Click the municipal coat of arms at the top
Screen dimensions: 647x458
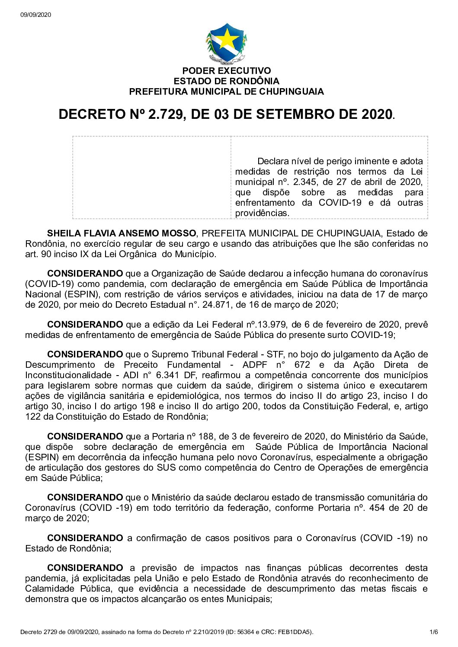click(x=226, y=43)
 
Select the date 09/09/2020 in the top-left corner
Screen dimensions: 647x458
click(x=35, y=15)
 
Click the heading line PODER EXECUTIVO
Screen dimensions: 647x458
click(x=226, y=70)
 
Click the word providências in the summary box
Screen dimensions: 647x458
click(x=262, y=213)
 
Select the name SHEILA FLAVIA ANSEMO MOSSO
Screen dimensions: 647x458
click(x=122, y=233)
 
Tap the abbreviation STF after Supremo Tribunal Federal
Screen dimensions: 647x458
click(x=275, y=354)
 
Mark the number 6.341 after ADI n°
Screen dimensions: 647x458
click(x=164, y=375)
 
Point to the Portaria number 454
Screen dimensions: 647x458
click(x=377, y=508)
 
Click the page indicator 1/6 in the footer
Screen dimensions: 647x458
click(x=434, y=632)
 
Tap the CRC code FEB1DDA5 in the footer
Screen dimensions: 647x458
click(x=295, y=632)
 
